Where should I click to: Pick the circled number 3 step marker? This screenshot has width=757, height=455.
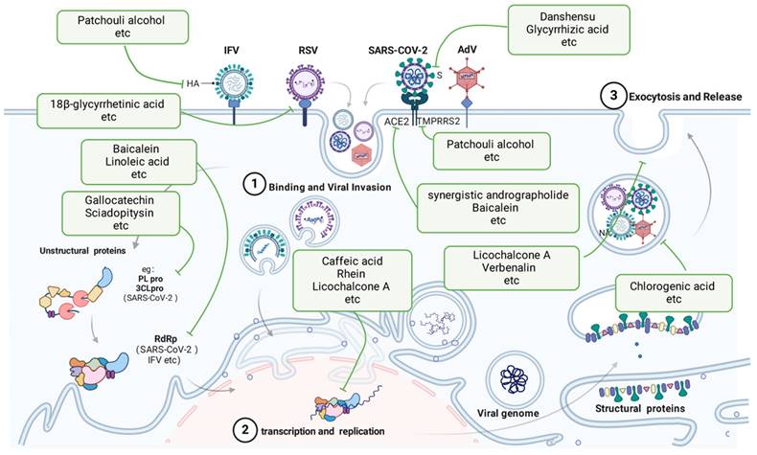[x=609, y=97]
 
